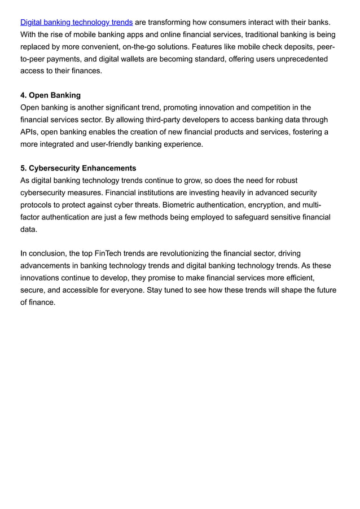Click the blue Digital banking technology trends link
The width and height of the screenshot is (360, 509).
tap(77, 22)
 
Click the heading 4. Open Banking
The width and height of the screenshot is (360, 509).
tap(50, 95)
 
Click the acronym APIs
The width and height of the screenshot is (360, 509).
tap(29, 132)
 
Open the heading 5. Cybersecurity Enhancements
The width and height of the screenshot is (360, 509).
tap(78, 169)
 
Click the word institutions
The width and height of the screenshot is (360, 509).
tap(169, 193)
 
